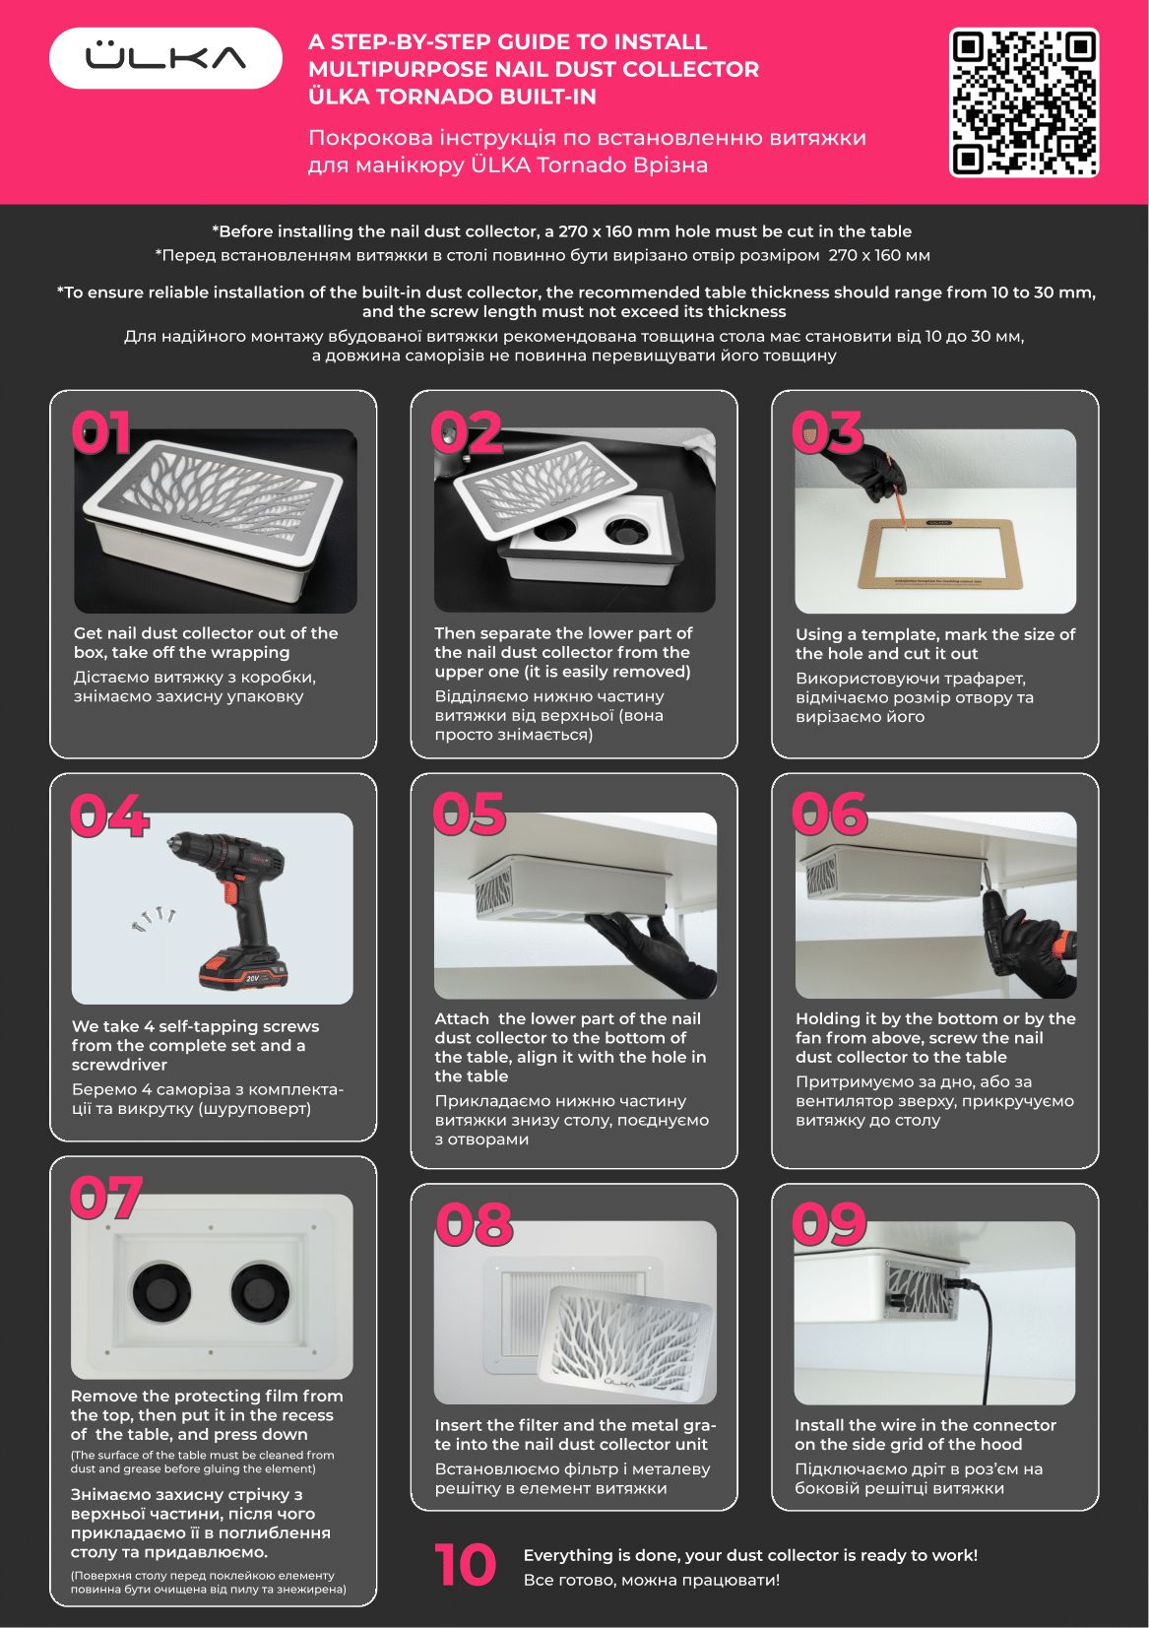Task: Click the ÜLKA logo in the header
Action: (165, 57)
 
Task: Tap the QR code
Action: (1023, 102)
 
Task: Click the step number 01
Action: (101, 431)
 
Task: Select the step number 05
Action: (469, 814)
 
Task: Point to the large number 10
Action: (465, 1565)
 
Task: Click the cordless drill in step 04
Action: (231, 908)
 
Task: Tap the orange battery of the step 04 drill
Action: (243, 966)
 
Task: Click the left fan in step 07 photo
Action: (161, 1291)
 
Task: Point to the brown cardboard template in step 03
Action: (935, 553)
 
